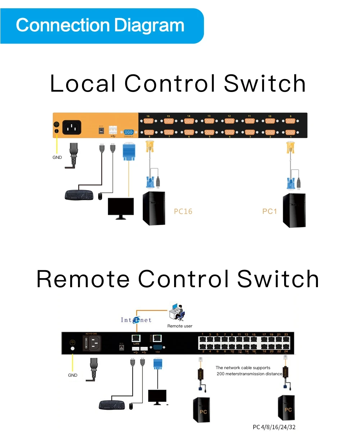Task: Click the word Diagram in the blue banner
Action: [x=149, y=26]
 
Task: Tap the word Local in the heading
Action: [x=82, y=83]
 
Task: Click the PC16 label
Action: [x=183, y=211]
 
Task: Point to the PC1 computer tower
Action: [x=294, y=210]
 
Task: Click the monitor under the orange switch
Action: [x=121, y=208]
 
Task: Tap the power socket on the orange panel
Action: [x=72, y=127]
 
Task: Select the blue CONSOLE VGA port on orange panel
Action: [x=128, y=132]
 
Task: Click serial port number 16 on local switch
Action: [x=149, y=121]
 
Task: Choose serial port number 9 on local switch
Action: [x=291, y=121]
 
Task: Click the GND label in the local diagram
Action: [x=57, y=157]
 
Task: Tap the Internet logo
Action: [x=136, y=320]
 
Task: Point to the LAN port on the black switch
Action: [x=136, y=338]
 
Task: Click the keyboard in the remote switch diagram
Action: [x=112, y=405]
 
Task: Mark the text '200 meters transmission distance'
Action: [x=249, y=374]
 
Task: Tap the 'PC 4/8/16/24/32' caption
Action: [x=274, y=427]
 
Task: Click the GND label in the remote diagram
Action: [x=73, y=375]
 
